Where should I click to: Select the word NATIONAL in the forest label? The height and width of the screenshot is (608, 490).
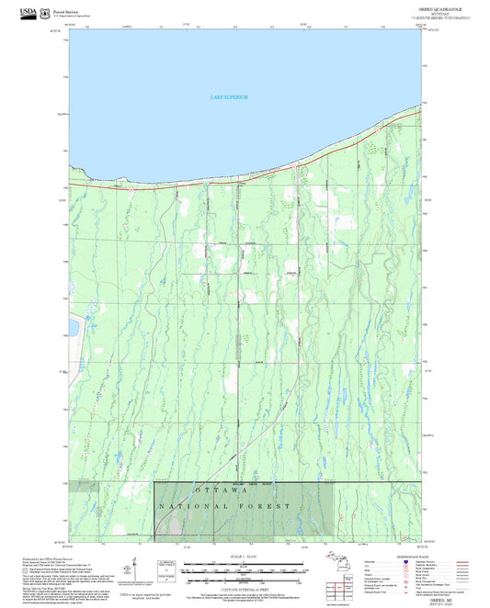click(x=194, y=506)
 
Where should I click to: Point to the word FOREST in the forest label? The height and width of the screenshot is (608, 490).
click(x=272, y=506)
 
